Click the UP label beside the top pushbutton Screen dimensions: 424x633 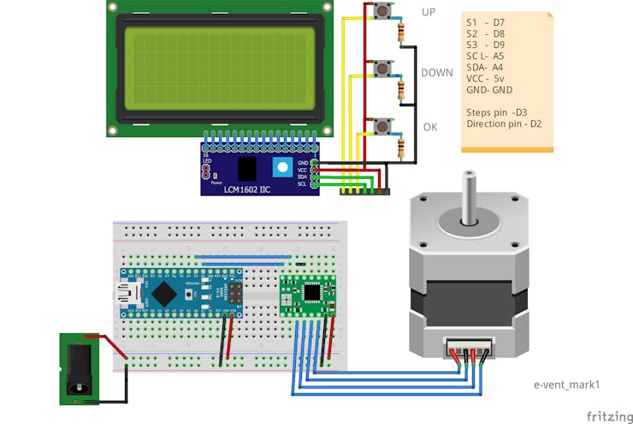point(429,12)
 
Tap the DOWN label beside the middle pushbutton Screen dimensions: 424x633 point(436,73)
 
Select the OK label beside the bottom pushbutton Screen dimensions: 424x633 point(430,127)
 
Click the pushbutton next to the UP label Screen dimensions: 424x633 point(382,12)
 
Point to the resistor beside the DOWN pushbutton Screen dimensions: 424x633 point(401,89)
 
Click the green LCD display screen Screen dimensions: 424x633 point(217,67)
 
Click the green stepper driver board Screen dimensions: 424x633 point(308,296)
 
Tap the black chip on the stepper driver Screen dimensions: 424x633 point(313,292)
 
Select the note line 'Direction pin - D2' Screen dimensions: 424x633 point(504,124)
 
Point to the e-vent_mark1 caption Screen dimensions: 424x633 point(566,385)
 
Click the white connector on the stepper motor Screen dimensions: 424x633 point(468,349)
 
